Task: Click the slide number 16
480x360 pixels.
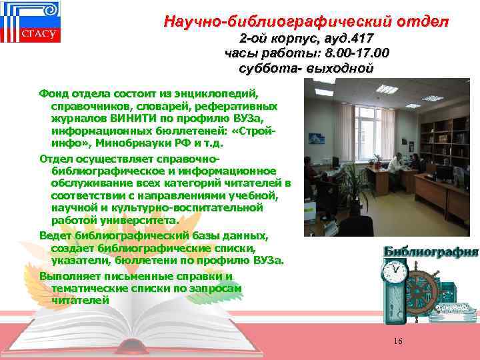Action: [398, 341]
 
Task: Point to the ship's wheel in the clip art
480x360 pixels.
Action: [426, 287]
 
